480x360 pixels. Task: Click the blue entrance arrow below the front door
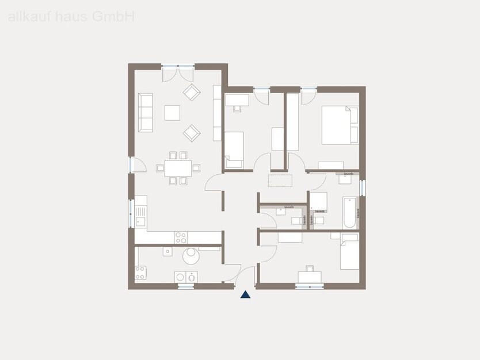tap(245, 295)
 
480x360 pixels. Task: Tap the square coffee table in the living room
tap(172, 112)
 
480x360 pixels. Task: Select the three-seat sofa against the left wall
tap(145, 112)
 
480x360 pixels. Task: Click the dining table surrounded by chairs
tap(178, 168)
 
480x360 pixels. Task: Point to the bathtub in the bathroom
tap(349, 213)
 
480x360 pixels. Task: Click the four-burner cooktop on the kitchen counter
tap(181, 236)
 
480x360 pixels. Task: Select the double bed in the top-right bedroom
tap(340, 125)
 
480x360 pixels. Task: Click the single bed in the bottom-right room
tap(349, 251)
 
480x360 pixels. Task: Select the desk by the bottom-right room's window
tap(310, 277)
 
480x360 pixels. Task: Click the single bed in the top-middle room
tap(234, 149)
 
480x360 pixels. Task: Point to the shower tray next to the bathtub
tap(319, 201)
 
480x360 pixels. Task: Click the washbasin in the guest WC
tap(280, 211)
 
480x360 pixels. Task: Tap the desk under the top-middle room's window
tap(237, 101)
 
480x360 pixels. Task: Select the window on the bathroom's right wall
tap(363, 188)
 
